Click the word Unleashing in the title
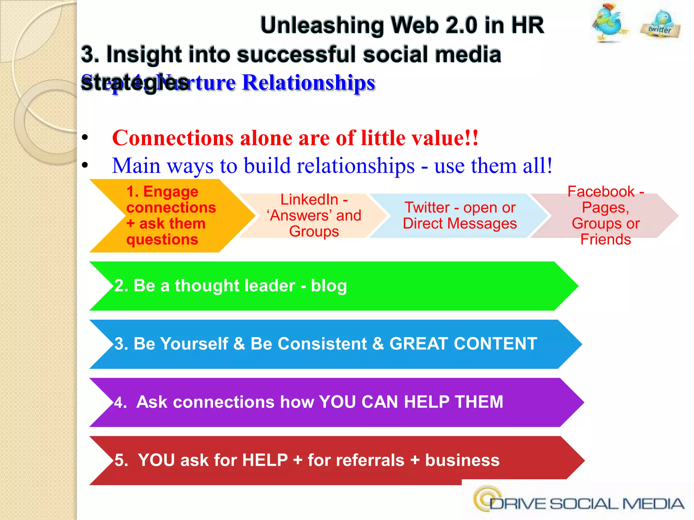pyautogui.click(x=322, y=25)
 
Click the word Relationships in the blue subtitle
pyautogui.click(x=308, y=83)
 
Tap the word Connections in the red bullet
pyautogui.click(x=172, y=138)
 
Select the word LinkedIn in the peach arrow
pyautogui.click(x=309, y=199)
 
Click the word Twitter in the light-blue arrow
pyautogui.click(x=427, y=207)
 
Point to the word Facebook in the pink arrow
pyautogui.click(x=601, y=192)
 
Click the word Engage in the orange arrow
pyautogui.click(x=170, y=192)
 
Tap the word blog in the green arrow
pyautogui.click(x=329, y=286)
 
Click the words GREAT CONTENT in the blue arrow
pyautogui.click(x=463, y=344)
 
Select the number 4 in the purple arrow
pyautogui.click(x=118, y=403)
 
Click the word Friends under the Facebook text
pyautogui.click(x=606, y=239)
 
